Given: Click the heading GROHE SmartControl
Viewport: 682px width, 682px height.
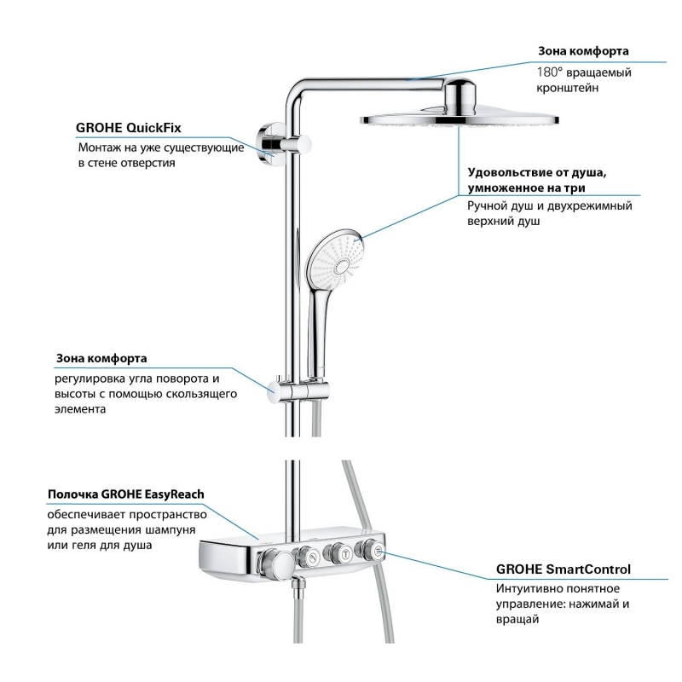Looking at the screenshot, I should [x=564, y=570].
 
